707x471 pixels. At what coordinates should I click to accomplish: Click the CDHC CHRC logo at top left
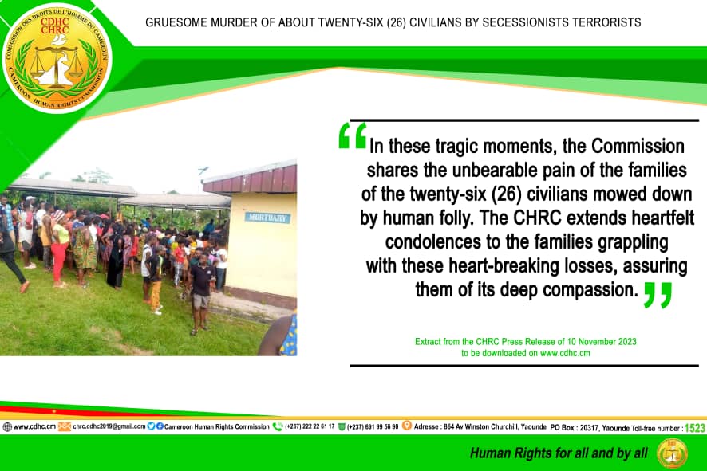tap(57, 57)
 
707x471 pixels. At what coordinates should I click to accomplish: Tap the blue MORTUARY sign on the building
tap(267, 218)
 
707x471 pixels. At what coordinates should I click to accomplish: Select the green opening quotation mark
tap(353, 136)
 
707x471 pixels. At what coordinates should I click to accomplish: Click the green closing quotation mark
tap(658, 296)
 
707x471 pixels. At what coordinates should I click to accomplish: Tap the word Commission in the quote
tap(638, 147)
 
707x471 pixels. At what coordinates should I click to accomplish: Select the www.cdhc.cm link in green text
tap(565, 354)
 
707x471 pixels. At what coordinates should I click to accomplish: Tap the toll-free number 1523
tap(695, 428)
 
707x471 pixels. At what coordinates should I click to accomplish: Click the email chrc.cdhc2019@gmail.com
tap(109, 426)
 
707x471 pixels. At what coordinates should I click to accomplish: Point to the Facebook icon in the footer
tap(160, 426)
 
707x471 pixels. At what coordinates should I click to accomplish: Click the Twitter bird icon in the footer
tap(151, 426)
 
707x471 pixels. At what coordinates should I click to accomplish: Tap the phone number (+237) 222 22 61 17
tap(310, 426)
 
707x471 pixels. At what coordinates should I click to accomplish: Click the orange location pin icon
tap(407, 426)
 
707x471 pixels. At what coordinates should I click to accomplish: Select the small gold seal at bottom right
tap(672, 453)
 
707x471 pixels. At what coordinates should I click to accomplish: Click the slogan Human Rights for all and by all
tap(559, 453)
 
